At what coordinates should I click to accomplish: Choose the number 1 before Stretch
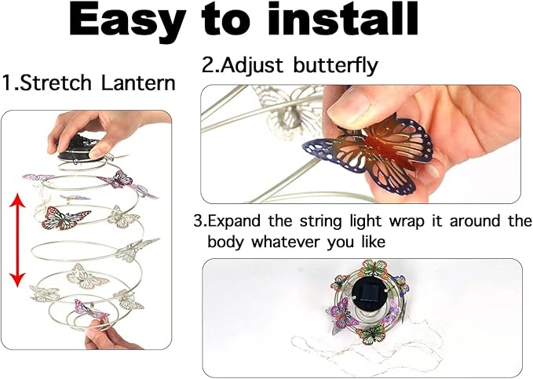click(7, 82)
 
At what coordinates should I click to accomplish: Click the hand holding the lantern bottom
click(110, 337)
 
